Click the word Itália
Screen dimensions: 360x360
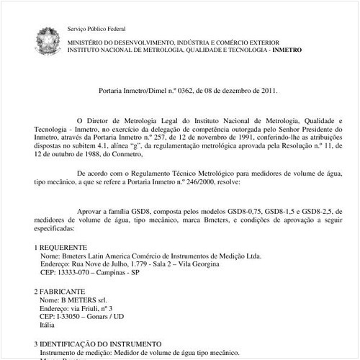tap(50, 325)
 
